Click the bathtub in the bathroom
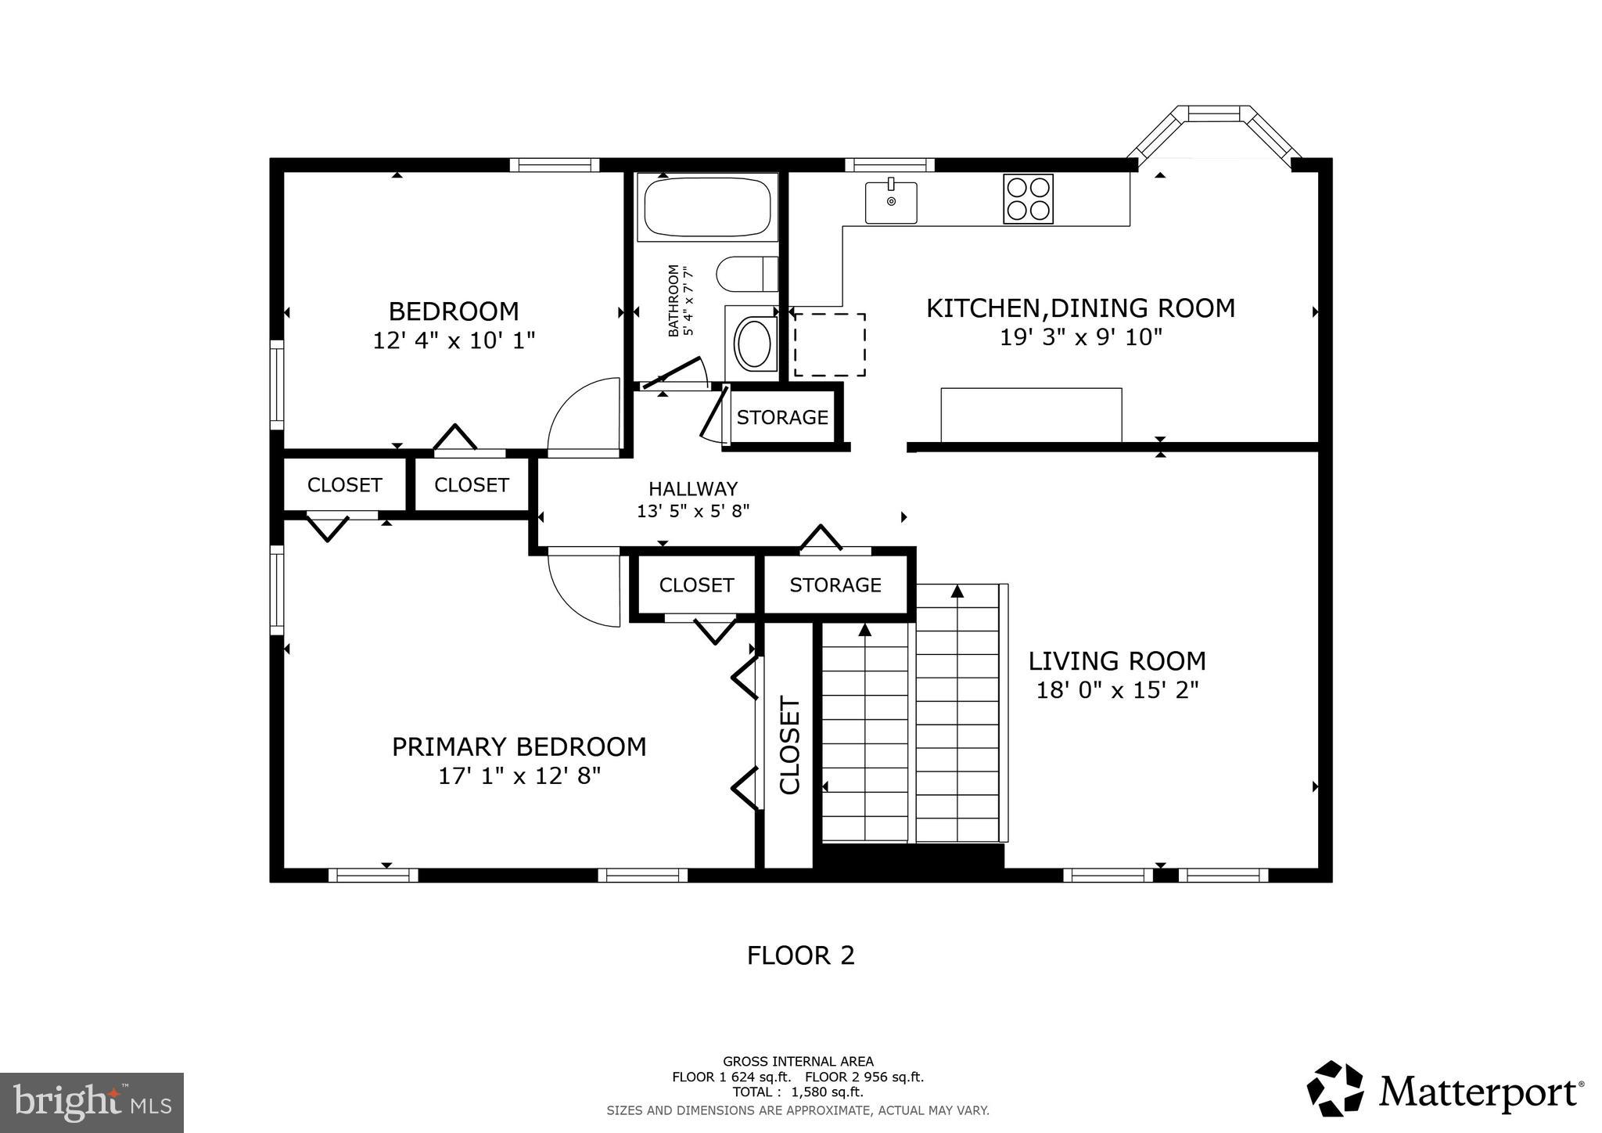(706, 207)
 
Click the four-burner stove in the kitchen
(1028, 199)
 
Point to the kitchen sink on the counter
(891, 202)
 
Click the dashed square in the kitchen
(829, 345)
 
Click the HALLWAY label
(692, 489)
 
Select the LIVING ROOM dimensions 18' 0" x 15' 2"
(1117, 690)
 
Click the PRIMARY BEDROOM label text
(519, 746)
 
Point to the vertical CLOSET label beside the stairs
(789, 745)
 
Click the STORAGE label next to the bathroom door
(782, 418)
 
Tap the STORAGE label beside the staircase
(835, 585)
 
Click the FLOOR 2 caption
(800, 955)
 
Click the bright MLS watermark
(92, 1102)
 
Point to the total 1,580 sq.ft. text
(798, 1092)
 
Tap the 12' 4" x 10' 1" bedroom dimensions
(454, 341)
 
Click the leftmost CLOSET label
(344, 485)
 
